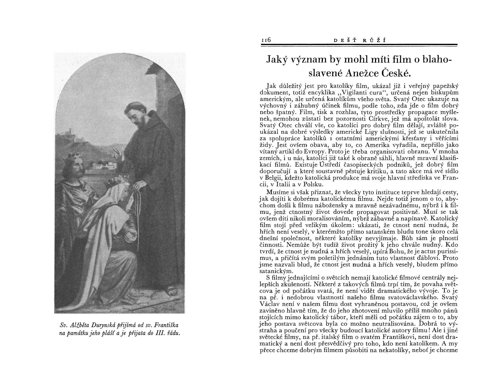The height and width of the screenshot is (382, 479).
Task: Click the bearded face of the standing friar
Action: click(136, 114)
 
